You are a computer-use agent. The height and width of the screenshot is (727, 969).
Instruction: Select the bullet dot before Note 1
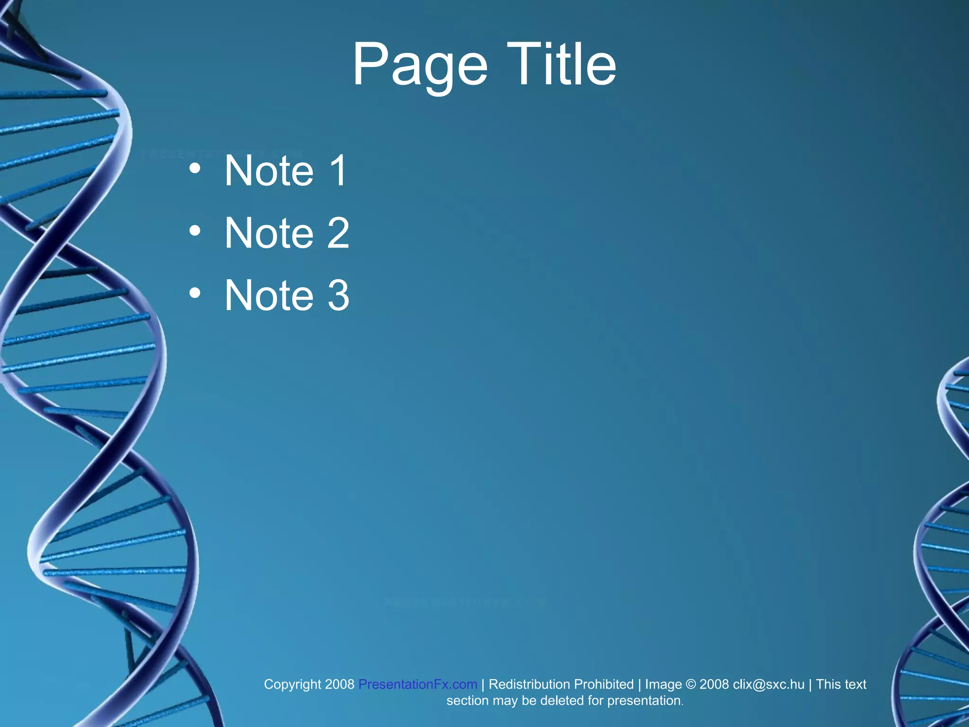tap(195, 168)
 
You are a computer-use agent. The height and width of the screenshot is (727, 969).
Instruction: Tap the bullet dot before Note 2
tap(195, 231)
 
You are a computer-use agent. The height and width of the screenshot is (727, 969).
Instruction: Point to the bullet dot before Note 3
tap(195, 293)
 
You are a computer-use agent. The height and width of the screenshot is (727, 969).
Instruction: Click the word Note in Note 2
tap(269, 233)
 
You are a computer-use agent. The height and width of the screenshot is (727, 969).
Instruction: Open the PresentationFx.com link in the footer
tap(417, 684)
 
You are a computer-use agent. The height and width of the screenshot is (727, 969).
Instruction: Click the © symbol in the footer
tap(690, 684)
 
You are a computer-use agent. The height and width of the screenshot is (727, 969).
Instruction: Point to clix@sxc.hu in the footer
tap(768, 684)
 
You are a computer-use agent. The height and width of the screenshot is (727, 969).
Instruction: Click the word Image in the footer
tap(663, 684)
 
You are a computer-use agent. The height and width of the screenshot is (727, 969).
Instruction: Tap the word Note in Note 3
tap(269, 295)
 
